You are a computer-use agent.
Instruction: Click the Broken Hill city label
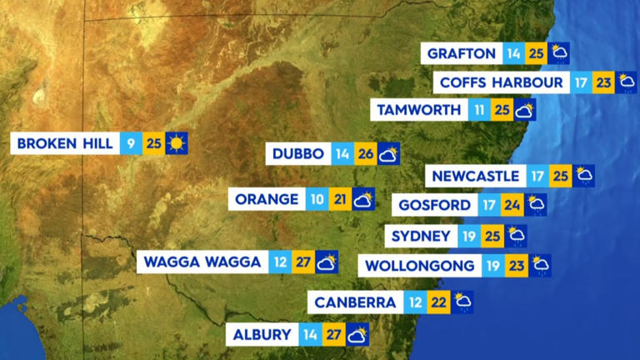point(65,143)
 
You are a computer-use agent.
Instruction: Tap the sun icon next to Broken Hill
point(176,143)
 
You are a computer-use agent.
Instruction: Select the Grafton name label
point(462,53)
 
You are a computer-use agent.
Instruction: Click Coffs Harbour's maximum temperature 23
point(604,82)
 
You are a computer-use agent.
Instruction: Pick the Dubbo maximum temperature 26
point(365,154)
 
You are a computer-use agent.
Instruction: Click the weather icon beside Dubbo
point(388,154)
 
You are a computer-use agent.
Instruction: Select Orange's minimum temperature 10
point(317,199)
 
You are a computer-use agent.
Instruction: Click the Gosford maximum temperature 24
point(512,205)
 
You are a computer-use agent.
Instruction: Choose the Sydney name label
point(422,236)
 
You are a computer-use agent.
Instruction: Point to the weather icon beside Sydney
point(517,236)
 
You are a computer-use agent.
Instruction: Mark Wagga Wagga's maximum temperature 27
point(303,262)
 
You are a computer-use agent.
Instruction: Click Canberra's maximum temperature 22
point(439,302)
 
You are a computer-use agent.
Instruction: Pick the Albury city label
point(262,335)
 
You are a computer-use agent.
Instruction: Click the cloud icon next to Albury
point(357,335)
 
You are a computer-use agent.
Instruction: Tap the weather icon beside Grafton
point(559,53)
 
